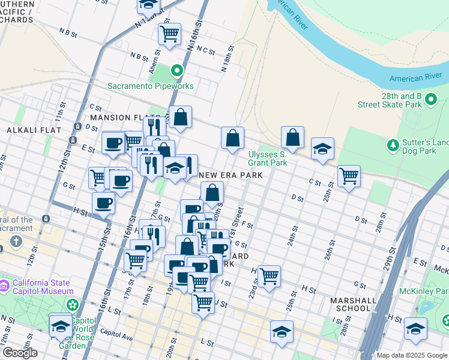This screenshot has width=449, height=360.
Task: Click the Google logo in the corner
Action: click(x=19, y=353)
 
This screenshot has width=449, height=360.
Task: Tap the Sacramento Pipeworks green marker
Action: click(x=176, y=71)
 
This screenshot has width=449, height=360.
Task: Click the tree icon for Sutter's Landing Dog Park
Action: click(x=393, y=145)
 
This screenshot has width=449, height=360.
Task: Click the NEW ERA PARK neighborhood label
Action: click(x=231, y=175)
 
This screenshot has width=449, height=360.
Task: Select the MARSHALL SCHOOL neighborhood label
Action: click(x=353, y=304)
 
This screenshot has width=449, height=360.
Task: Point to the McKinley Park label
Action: click(x=427, y=293)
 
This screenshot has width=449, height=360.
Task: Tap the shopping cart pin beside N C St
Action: click(x=170, y=34)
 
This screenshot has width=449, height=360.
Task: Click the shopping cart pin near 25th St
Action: click(x=349, y=176)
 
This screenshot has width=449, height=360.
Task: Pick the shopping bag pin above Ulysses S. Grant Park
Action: click(x=292, y=137)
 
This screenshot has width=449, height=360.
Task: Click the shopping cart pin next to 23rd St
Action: click(x=269, y=275)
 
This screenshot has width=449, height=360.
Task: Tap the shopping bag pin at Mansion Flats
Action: click(x=180, y=116)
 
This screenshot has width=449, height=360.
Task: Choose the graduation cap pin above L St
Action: click(x=282, y=332)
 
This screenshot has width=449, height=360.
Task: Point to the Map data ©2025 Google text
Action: click(x=412, y=355)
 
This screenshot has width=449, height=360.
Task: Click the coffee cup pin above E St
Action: click(x=113, y=143)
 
